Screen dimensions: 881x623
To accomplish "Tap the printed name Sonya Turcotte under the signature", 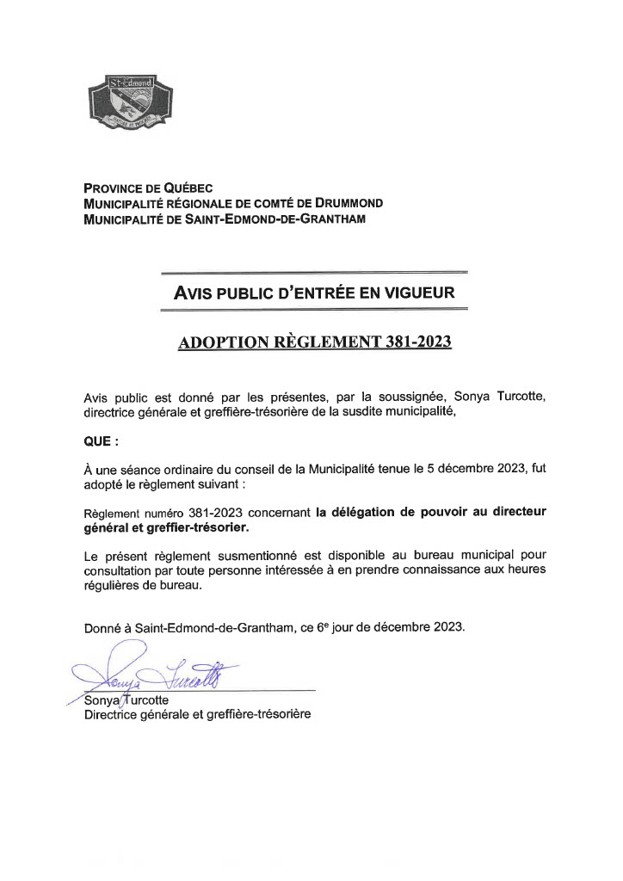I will coord(126,700).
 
